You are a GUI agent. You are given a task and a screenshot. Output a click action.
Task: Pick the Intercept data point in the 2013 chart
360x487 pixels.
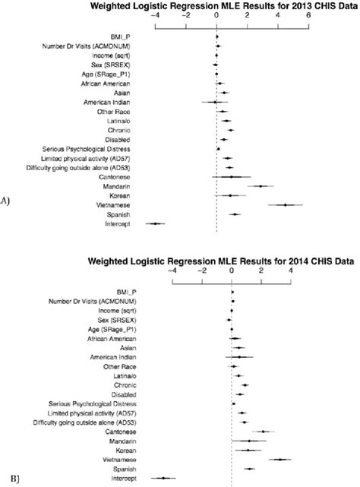coord(156,223)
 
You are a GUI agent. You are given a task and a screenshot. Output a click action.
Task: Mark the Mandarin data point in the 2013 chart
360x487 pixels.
coord(261,185)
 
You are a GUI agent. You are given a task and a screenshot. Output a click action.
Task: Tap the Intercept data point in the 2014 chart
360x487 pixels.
coord(163,478)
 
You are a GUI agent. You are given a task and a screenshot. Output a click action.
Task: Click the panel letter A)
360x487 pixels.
coord(6,201)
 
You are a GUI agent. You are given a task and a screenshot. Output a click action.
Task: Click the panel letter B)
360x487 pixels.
coord(6,479)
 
